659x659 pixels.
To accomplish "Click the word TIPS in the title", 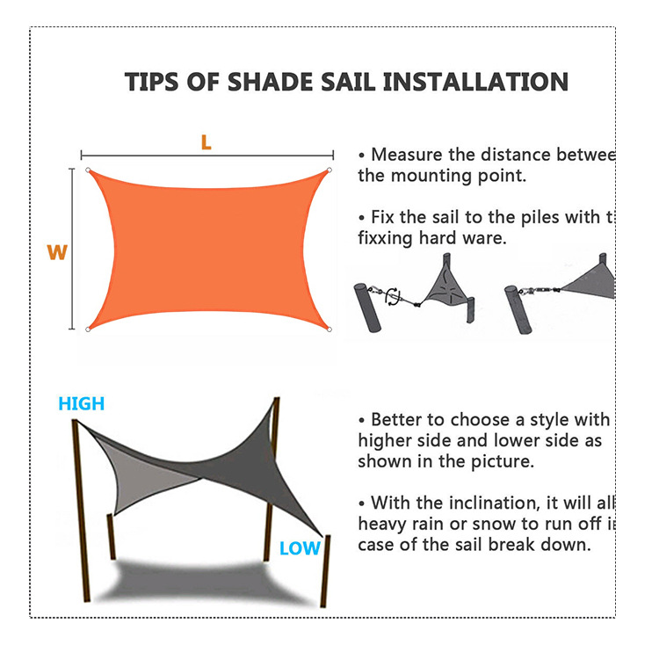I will click(154, 83).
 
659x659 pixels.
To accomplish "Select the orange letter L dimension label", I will click(206, 142).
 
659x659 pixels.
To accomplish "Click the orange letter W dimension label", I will click(57, 253).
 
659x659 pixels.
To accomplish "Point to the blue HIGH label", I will click(81, 404).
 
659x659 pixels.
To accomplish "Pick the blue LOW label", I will click(300, 549).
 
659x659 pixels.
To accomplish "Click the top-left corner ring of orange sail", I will click(88, 170).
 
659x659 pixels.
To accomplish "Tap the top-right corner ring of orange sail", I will click(329, 170).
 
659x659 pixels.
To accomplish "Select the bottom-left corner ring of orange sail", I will click(88, 329).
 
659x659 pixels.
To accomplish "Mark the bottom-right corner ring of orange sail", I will click(329, 330).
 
